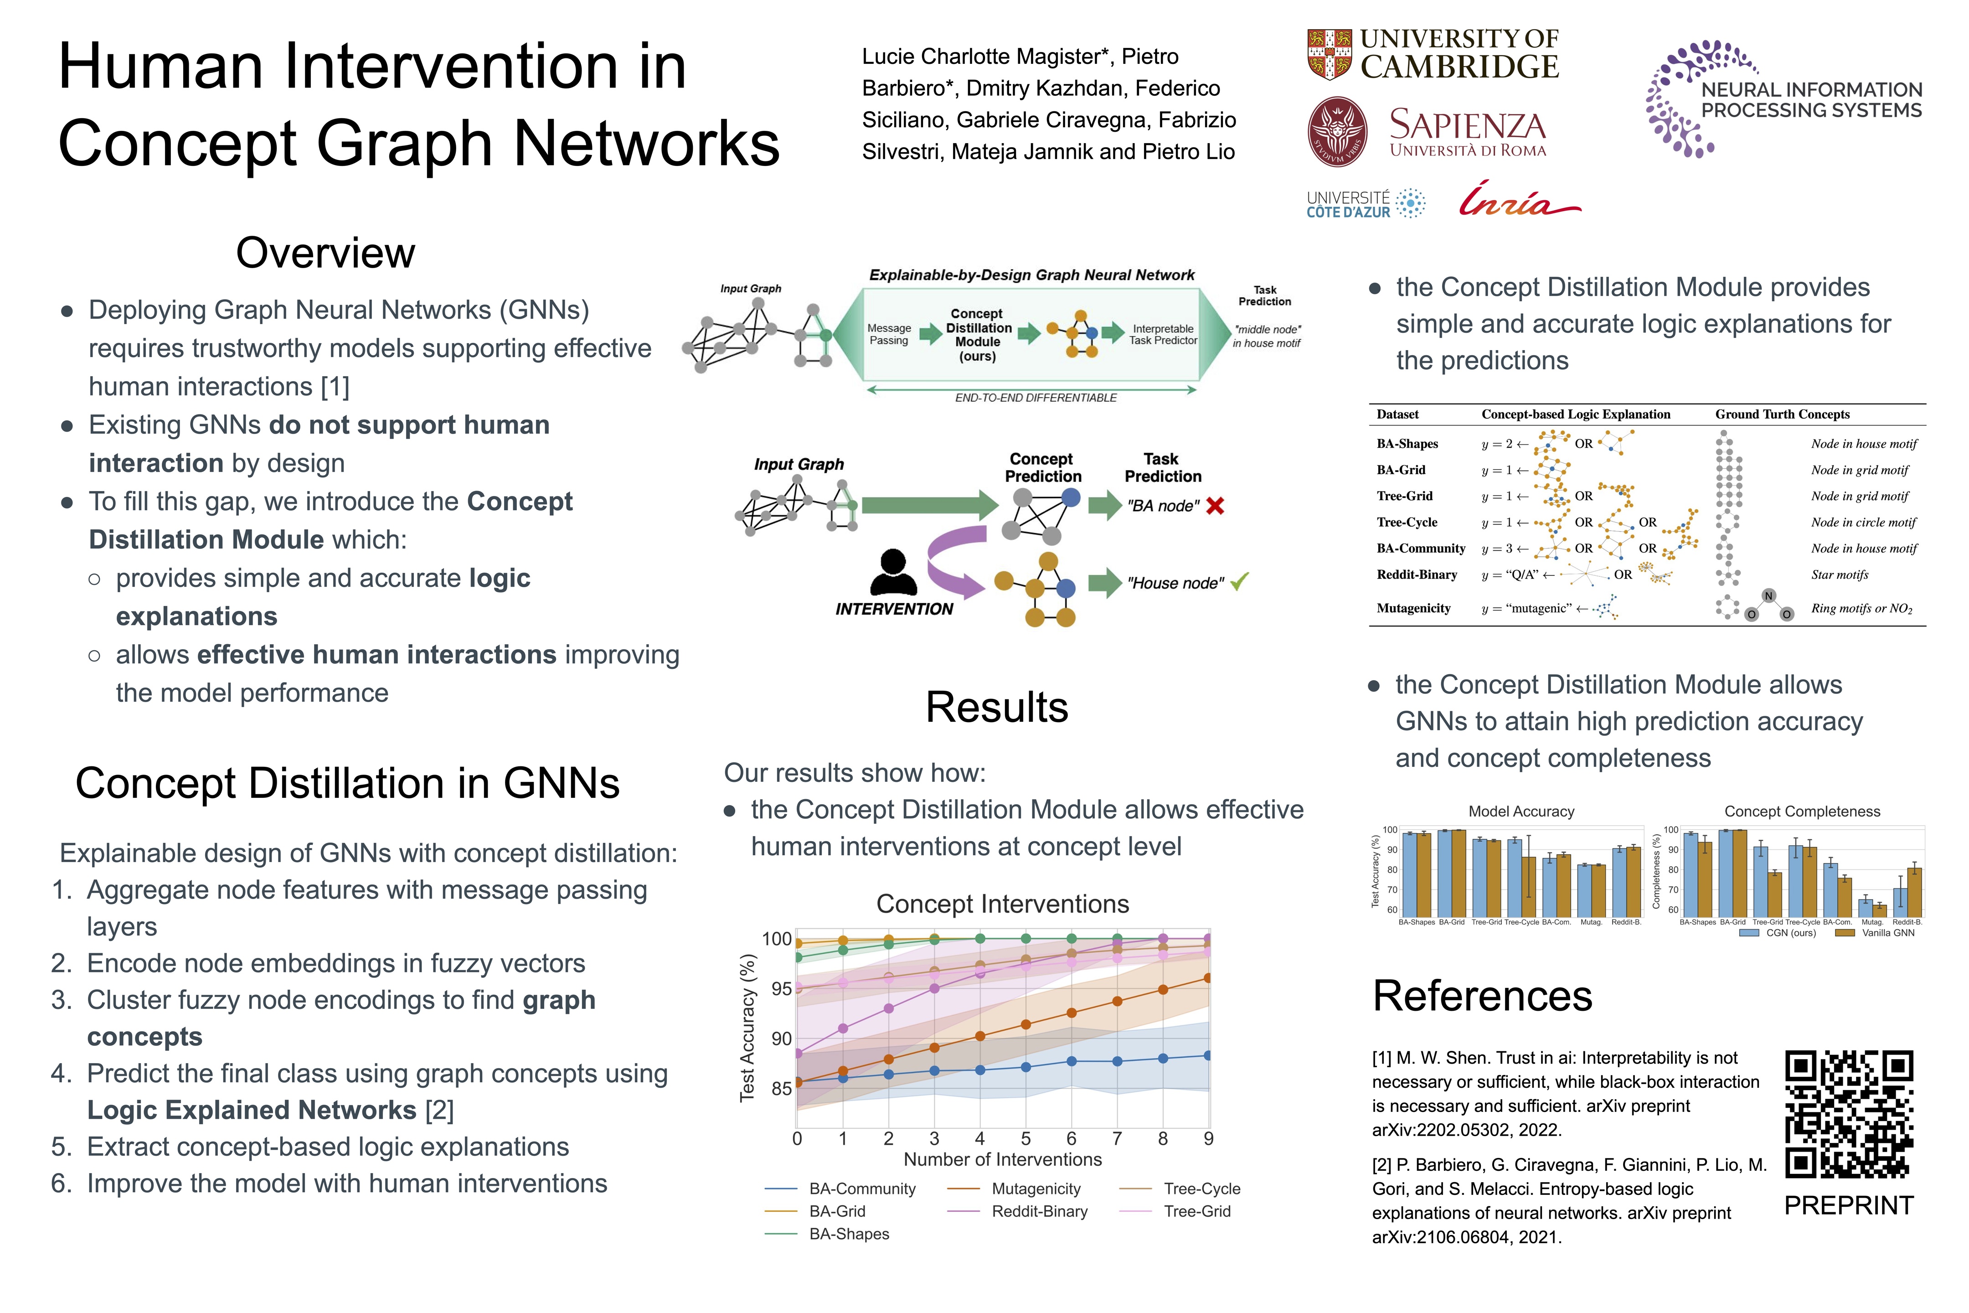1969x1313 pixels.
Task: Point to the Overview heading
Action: tap(325, 253)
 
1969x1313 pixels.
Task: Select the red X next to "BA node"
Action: tap(1215, 506)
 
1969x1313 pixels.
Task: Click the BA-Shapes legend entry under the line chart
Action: tap(848, 1234)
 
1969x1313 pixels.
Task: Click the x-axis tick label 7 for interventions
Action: tap(1117, 1139)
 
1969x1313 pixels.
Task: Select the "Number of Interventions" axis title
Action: tap(1002, 1160)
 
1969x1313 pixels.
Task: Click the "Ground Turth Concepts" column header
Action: tap(1782, 414)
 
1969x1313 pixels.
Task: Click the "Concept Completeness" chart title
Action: tap(1802, 812)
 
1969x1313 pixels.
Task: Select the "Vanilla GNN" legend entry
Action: tap(1887, 933)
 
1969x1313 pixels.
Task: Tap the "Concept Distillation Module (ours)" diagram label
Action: tap(978, 335)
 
